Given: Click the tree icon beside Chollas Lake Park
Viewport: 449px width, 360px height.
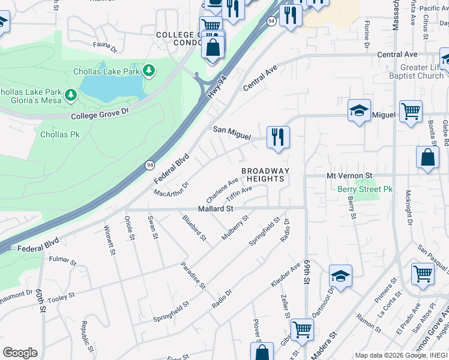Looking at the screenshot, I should [149, 72].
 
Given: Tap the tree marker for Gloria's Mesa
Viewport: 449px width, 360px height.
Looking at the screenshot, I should [71, 95].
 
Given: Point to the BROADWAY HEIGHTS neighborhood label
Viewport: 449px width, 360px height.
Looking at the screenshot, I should [265, 175].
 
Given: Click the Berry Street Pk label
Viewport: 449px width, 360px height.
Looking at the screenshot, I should [364, 189].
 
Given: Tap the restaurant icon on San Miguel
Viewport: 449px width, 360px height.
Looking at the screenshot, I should [278, 137].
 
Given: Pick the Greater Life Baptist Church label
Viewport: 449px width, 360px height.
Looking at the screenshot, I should [414, 71].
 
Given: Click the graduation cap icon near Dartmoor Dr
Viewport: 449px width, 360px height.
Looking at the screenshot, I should [340, 276].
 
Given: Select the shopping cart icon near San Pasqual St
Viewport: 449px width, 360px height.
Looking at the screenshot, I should [423, 274].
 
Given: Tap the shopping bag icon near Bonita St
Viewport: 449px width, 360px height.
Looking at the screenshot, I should [427, 158].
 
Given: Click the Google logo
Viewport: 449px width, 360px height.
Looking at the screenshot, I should [20, 353].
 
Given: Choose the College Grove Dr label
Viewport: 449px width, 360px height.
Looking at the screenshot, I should [100, 113].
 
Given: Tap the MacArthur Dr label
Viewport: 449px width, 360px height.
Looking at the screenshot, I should [171, 189].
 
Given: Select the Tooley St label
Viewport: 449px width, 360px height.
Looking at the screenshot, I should [61, 295].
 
